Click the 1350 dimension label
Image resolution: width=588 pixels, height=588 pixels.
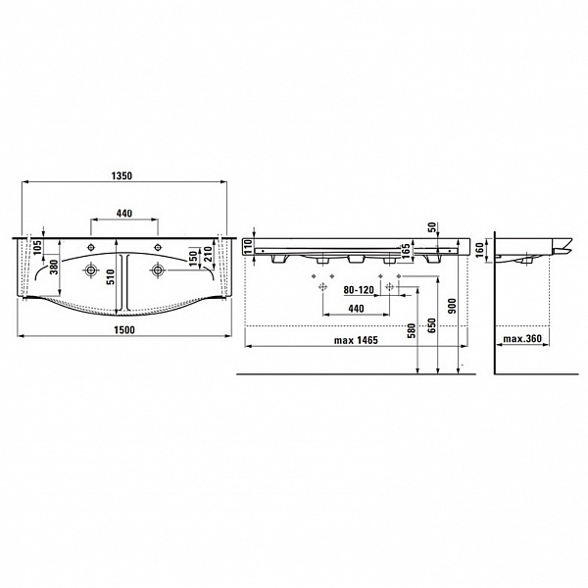click(x=122, y=175)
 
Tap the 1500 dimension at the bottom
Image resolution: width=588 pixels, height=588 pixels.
click(x=124, y=330)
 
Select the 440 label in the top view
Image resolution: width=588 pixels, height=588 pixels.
click(x=124, y=213)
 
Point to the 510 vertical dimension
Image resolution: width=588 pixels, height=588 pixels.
click(x=110, y=276)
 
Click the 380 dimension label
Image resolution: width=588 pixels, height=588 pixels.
click(x=54, y=267)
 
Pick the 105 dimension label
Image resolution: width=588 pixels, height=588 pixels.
click(x=37, y=247)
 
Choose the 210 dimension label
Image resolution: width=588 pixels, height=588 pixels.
click(x=208, y=254)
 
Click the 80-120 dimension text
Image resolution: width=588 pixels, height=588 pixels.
click(x=359, y=290)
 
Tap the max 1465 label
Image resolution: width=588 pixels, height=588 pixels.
click(x=356, y=340)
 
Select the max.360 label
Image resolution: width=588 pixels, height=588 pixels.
click(x=522, y=339)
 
